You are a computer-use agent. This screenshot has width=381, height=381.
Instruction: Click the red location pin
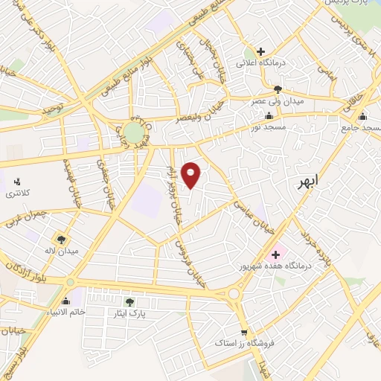point(192,175)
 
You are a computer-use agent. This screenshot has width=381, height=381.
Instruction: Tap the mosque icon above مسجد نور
point(269,115)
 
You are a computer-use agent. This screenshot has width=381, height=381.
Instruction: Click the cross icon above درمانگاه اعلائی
point(260,51)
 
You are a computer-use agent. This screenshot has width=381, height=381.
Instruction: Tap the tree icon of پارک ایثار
point(129,301)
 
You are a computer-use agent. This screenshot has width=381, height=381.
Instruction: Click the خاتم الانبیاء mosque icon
point(75,299)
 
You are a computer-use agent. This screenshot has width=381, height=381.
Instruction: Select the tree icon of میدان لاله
point(60,239)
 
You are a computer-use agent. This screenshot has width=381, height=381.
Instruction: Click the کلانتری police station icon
point(16,181)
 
